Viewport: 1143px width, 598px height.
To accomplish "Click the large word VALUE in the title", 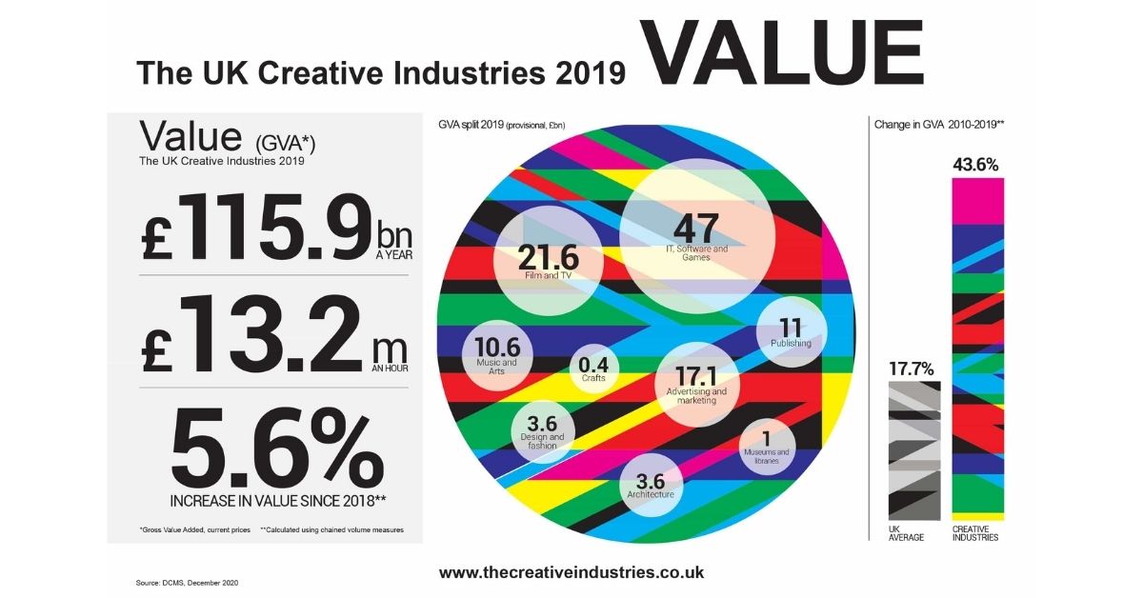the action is [781, 53].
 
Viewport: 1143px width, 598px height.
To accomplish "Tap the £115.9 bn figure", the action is [276, 227].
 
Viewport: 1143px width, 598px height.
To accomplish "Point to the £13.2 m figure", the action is [274, 333].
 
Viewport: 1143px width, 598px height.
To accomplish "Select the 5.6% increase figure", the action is [277, 449].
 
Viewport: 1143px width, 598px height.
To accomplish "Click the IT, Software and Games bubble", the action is [697, 237].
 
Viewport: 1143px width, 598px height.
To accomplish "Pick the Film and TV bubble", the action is [549, 261].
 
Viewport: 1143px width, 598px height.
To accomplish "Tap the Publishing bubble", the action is [791, 331].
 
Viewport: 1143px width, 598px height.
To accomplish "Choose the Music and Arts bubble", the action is [497, 355].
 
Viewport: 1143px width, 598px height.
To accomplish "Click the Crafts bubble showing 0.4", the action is [594, 369].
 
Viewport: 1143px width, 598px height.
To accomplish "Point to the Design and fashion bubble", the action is [542, 431].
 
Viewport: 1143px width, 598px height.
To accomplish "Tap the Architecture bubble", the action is [652, 486].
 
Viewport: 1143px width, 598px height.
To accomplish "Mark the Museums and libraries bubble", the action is [767, 448].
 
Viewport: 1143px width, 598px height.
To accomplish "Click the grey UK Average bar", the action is [914, 451].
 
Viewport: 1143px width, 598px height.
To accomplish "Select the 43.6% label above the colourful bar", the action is [975, 165].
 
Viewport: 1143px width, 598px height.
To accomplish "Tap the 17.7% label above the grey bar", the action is [912, 369].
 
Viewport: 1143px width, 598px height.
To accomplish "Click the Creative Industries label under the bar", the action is [975, 533].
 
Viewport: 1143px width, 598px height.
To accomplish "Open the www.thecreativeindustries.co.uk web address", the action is [571, 572].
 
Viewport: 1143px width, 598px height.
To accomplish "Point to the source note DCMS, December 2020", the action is [187, 583].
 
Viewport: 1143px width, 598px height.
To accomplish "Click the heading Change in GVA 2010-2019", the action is [939, 125].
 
